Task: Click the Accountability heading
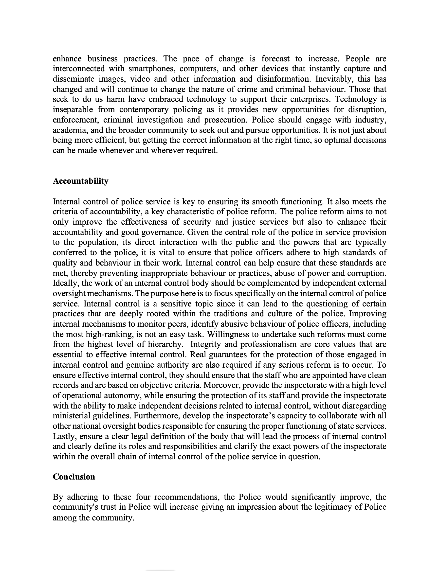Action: tap(80, 181)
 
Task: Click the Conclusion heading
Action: tap(74, 477)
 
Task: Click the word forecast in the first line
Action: tap(275, 58)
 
